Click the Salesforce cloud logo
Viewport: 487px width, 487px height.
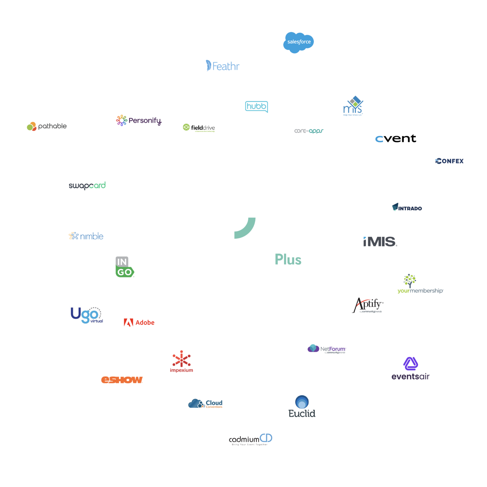[299, 42]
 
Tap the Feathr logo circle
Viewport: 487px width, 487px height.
[223, 66]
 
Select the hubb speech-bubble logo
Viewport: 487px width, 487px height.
[256, 106]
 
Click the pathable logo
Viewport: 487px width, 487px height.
[47, 126]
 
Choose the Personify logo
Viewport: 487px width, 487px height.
[139, 120]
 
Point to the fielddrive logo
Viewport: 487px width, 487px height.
[199, 128]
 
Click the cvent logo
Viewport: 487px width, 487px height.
[396, 138]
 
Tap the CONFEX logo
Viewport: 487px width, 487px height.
[449, 161]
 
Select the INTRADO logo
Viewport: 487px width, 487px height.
[407, 208]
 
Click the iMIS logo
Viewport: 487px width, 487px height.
[380, 241]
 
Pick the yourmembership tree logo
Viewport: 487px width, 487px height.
[420, 284]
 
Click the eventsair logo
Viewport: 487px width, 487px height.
[410, 370]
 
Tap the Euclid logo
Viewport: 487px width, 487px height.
[302, 407]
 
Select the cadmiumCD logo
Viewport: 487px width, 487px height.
[250, 439]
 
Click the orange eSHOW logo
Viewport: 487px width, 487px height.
[122, 380]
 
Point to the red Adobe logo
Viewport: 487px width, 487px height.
[139, 322]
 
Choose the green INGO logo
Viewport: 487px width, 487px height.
[124, 267]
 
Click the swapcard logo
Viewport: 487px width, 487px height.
[87, 185]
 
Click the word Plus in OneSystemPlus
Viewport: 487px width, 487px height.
[288, 260]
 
